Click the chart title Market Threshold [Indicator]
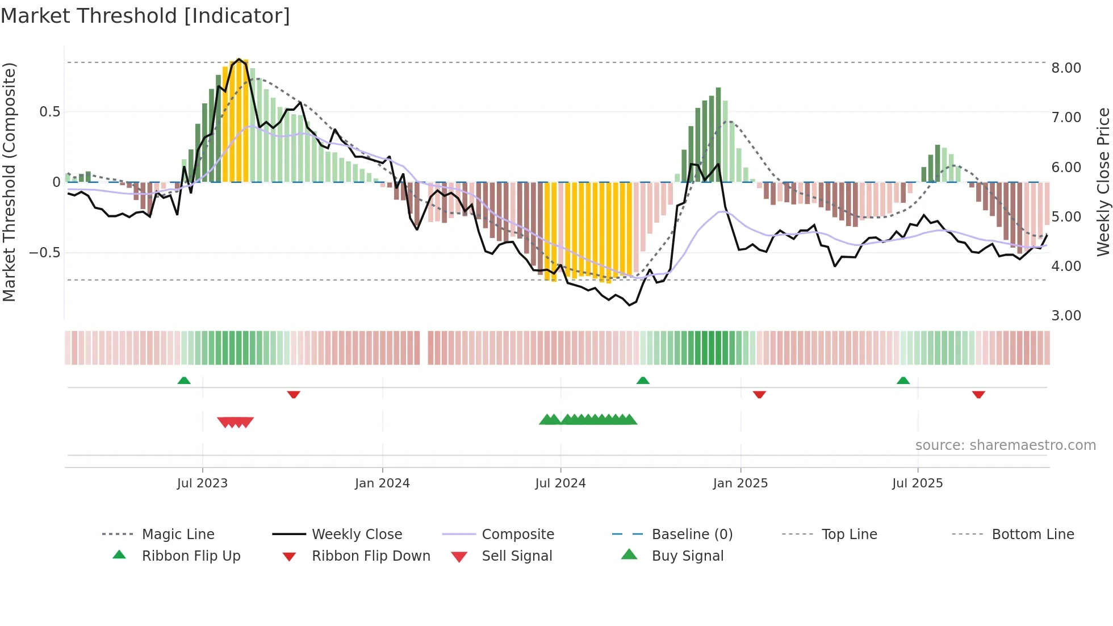point(145,16)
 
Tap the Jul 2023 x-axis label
point(202,483)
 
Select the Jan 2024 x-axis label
point(382,483)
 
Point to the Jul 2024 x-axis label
point(560,483)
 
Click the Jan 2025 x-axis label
point(740,483)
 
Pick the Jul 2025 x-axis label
point(917,483)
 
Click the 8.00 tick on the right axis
point(1066,68)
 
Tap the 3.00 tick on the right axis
point(1066,316)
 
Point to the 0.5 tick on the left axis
point(49,112)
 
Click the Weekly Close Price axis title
point(1103,182)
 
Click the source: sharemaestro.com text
point(1005,445)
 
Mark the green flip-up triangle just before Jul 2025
point(903,381)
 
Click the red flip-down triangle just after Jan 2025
point(759,394)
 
